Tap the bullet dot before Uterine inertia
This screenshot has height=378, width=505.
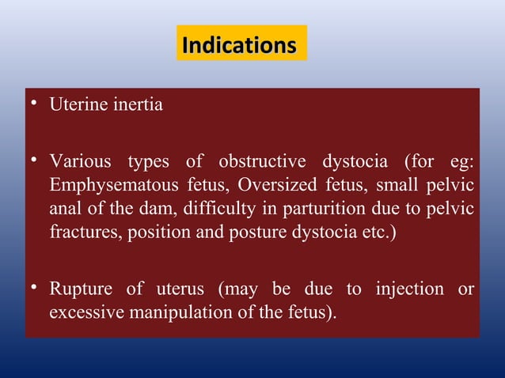pos(34,104)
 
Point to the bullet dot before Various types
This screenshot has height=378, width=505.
pos(34,161)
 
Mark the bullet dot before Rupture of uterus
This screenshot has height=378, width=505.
pos(34,288)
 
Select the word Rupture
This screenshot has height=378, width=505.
pos(80,289)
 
